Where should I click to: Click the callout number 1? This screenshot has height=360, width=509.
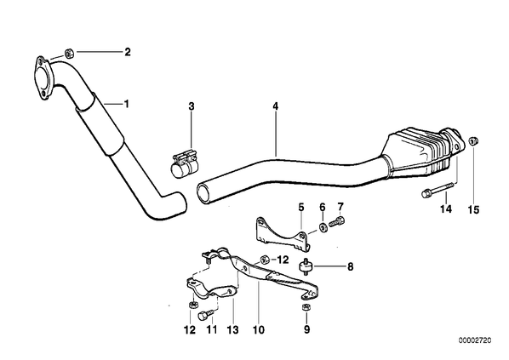[x=126, y=104]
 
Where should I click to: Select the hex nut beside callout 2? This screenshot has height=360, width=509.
[x=69, y=53]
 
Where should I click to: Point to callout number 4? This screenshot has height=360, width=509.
[x=275, y=106]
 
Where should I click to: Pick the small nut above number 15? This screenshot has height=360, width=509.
[x=474, y=141]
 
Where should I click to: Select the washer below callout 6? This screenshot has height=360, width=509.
[x=323, y=227]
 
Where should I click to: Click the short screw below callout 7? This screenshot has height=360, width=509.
[x=337, y=222]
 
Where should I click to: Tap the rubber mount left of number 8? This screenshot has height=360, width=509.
[x=306, y=266]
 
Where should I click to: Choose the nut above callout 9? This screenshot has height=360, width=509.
[x=306, y=307]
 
